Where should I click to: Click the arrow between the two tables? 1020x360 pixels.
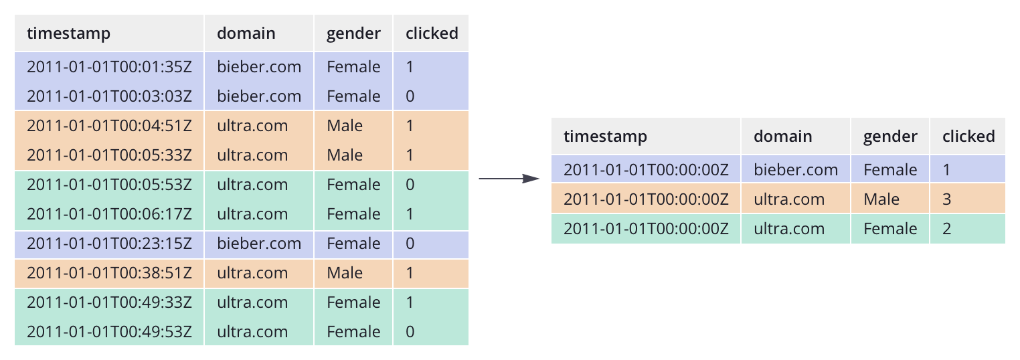[x=509, y=179]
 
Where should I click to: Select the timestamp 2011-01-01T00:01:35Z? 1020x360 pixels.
[x=109, y=67]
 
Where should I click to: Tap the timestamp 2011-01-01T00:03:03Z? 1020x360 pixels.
[x=109, y=96]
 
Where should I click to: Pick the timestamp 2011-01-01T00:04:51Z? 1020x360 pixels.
[x=109, y=126]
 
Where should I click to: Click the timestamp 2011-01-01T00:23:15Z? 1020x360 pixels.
[x=109, y=244]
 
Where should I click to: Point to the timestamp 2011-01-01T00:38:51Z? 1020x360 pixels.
[x=109, y=273]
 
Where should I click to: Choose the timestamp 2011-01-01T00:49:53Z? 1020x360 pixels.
[x=109, y=332]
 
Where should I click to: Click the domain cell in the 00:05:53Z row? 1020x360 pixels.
[x=252, y=185]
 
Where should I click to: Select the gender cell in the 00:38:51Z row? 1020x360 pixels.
[x=345, y=273]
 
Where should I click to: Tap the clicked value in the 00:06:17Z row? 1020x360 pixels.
[x=410, y=214]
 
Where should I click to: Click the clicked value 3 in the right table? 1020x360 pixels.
[x=946, y=199]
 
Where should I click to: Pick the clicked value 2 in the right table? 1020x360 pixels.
[x=946, y=229]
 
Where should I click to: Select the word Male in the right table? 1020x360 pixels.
[x=881, y=199]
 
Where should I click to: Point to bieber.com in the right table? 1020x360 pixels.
[x=796, y=170]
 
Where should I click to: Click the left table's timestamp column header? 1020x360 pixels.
[x=68, y=33]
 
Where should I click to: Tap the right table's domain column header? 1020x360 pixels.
[x=782, y=137]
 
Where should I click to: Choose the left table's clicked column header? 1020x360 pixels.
[x=432, y=33]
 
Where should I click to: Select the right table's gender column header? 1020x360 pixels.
[x=890, y=137]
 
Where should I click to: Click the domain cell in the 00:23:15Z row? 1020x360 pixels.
[x=259, y=244]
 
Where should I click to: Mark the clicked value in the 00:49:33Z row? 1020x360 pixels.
[x=410, y=302]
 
